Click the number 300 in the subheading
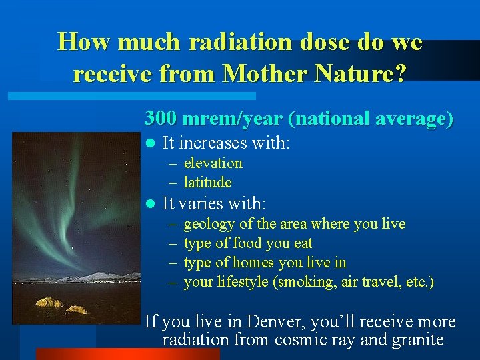click(x=161, y=118)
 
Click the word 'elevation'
click(x=213, y=163)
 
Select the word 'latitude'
click(x=207, y=182)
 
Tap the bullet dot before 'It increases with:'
click(x=150, y=143)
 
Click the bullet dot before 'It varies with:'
click(x=150, y=204)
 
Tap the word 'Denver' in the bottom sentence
click(x=274, y=322)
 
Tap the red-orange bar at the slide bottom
click(x=127, y=354)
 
